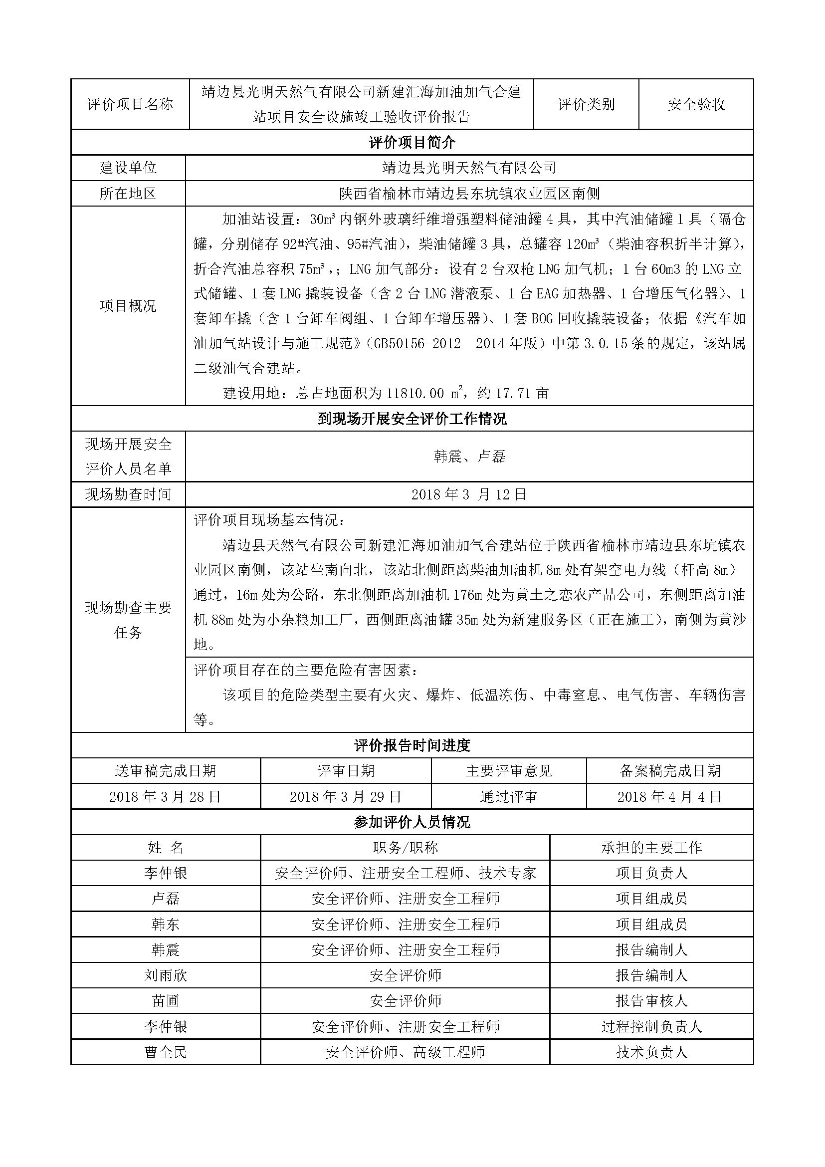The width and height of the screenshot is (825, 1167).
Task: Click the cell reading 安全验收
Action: (696, 105)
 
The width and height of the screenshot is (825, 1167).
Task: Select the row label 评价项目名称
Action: (130, 105)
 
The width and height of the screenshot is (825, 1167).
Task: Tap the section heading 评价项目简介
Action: (412, 143)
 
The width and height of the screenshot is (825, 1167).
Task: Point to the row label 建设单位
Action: (128, 168)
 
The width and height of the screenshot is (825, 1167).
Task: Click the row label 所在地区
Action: (128, 194)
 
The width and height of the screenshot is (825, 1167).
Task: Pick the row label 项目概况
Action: (128, 306)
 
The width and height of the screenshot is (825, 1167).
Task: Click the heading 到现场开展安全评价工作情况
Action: (412, 419)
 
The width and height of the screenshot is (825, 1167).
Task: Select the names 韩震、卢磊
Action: (469, 457)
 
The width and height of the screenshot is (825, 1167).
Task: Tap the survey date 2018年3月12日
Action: (469, 494)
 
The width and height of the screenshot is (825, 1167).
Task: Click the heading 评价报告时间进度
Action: (412, 745)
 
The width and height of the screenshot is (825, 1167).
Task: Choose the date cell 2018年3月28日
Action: (165, 796)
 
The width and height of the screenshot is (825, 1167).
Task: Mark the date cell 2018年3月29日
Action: (346, 796)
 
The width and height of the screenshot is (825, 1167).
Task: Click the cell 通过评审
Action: (508, 796)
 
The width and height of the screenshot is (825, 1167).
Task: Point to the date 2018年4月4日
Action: (669, 796)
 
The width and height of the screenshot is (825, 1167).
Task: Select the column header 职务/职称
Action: (405, 847)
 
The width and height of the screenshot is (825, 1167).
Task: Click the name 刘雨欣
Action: (166, 975)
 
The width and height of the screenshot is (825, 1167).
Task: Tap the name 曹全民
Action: (166, 1052)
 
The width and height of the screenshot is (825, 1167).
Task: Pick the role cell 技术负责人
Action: (651, 1052)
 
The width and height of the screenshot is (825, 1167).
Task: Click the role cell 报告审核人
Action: (651, 1001)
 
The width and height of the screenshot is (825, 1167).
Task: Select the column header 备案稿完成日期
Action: (669, 771)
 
